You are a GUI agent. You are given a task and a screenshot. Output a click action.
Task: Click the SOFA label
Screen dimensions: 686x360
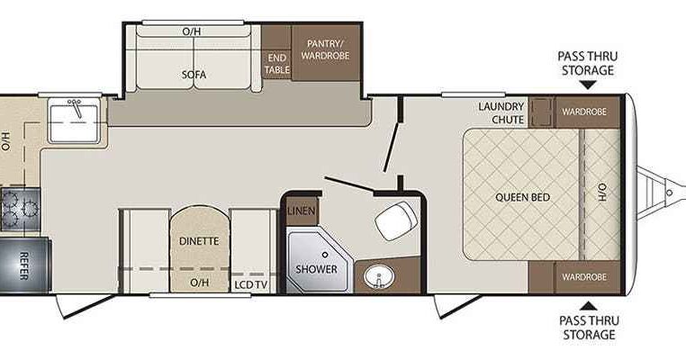point(194,75)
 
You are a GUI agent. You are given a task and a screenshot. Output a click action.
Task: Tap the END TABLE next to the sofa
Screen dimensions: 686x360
point(276,64)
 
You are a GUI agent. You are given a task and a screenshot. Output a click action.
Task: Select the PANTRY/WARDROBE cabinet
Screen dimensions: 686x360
point(326,52)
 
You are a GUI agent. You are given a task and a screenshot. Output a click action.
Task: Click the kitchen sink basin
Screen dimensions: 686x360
point(75,121)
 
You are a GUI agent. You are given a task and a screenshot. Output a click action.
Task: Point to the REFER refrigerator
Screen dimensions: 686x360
point(24,265)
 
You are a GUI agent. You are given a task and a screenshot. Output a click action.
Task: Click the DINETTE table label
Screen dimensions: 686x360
point(199,241)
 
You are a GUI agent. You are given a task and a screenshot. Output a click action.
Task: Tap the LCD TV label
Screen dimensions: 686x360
point(250,285)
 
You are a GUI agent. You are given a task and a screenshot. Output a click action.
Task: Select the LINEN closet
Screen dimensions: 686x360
point(302,211)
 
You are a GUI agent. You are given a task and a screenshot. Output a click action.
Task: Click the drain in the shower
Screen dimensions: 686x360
point(325,254)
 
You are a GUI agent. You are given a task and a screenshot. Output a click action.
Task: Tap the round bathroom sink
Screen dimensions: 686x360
point(379,277)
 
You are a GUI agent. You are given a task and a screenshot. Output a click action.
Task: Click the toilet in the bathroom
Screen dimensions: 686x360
point(396,220)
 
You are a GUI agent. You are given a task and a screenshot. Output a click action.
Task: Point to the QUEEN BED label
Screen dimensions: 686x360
point(522,197)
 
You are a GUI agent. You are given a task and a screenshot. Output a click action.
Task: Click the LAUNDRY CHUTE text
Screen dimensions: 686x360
point(501,112)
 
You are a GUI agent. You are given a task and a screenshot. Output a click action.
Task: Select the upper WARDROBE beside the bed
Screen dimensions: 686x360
point(584,112)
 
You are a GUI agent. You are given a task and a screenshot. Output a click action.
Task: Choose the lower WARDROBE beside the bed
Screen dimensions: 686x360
point(584,277)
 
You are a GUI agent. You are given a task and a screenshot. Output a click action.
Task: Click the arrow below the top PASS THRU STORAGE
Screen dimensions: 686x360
point(588,85)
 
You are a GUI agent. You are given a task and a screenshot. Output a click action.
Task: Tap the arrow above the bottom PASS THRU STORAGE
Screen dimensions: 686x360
point(589,306)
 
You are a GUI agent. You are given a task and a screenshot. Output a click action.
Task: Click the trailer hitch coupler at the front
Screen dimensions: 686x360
point(670,193)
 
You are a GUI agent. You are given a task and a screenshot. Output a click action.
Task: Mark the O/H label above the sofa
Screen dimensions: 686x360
point(192,31)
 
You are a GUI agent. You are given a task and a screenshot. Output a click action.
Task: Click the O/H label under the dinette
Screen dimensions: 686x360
point(200,283)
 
